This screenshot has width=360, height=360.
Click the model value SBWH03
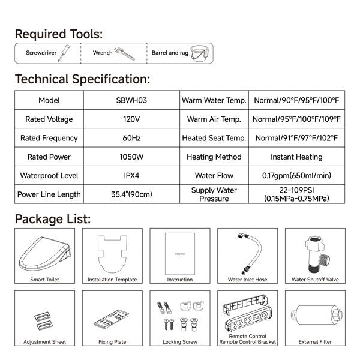click(x=131, y=101)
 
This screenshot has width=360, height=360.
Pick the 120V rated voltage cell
click(x=131, y=119)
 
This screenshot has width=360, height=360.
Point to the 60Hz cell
click(x=131, y=138)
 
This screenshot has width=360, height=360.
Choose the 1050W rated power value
click(x=131, y=157)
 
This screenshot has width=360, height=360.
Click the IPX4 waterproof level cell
click(x=131, y=176)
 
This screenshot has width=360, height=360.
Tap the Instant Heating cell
click(x=296, y=157)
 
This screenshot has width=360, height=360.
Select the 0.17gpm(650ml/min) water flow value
click(x=296, y=176)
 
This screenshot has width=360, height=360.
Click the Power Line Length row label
click(x=49, y=194)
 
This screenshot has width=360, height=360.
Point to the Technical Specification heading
click(x=82, y=79)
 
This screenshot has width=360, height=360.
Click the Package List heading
click(x=53, y=218)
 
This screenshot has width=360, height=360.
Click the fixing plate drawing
click(x=112, y=315)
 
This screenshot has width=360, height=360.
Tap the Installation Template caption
click(x=112, y=280)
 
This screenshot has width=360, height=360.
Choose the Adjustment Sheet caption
click(x=44, y=342)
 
